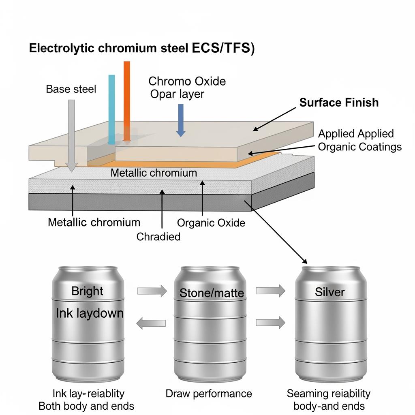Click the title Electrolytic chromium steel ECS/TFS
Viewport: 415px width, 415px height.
(x=141, y=48)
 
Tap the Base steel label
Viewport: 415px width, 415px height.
(x=71, y=89)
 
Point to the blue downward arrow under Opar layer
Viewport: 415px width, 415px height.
(x=180, y=120)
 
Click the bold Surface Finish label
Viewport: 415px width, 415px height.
(x=339, y=103)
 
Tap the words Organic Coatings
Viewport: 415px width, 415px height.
(x=360, y=147)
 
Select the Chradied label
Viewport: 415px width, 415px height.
(x=158, y=237)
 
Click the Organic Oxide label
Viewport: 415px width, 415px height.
(x=211, y=222)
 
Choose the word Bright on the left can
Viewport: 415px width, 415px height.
(x=87, y=291)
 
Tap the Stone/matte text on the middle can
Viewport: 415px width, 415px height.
(x=212, y=293)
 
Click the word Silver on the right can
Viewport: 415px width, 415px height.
(x=330, y=292)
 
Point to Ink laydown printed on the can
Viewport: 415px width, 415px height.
(x=90, y=313)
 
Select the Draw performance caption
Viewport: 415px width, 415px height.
(x=209, y=394)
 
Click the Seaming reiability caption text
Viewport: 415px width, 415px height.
(x=328, y=393)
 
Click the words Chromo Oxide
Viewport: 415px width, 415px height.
(x=187, y=81)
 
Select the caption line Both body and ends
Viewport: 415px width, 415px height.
(x=86, y=406)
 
